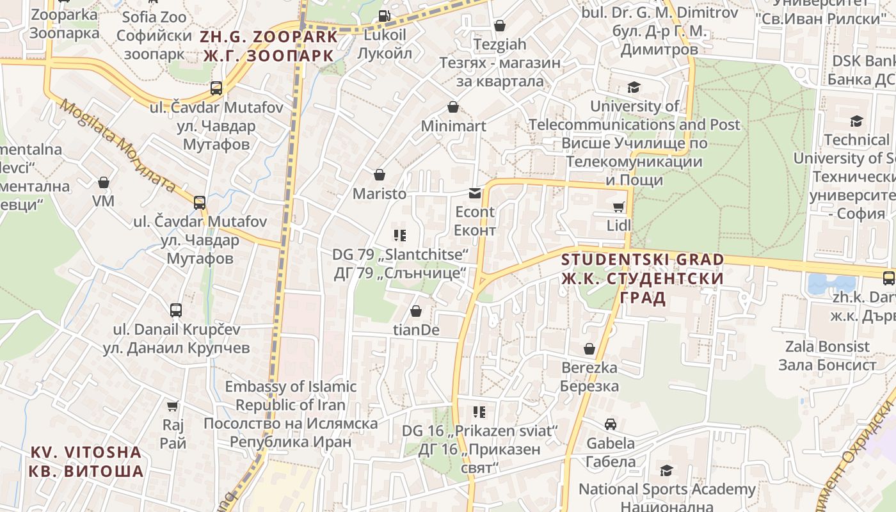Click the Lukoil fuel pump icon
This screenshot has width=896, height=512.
point(384,16)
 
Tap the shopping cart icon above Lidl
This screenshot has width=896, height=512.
point(618,207)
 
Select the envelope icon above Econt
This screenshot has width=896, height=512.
point(475,193)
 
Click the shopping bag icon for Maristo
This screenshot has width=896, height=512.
point(380,175)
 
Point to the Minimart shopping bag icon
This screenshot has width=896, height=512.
point(453,107)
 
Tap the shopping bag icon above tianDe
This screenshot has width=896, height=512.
point(416,311)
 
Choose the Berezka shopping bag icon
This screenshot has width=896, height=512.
point(589,349)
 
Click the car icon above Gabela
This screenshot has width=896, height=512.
point(611,424)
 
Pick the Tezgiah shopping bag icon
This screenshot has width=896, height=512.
point(500,26)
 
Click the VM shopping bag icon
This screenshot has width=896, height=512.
point(104,183)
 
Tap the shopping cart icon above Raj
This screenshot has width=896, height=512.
point(172,406)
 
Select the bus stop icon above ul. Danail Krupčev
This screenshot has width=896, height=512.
point(176,310)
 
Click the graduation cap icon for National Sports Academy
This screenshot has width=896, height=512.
point(666,470)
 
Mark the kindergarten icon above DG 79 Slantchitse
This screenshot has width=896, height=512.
point(400,236)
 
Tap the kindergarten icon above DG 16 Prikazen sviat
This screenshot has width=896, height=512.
point(479,412)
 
